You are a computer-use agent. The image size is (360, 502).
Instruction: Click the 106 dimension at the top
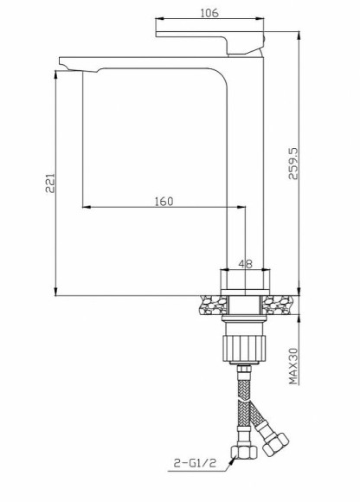pos(208,12)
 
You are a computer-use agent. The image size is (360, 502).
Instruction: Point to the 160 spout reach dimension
pos(164,201)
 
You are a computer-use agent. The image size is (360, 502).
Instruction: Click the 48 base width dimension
pos(245,266)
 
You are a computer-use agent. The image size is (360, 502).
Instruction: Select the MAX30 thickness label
pos(294,366)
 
